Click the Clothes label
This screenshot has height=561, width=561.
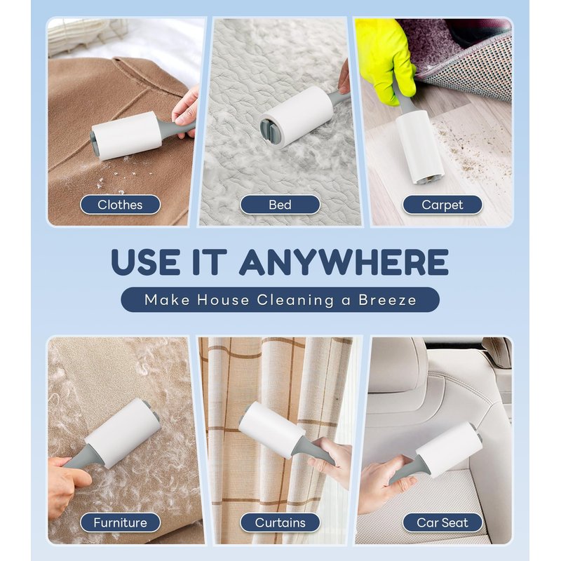[x=120, y=205]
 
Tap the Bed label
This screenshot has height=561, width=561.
[x=280, y=205]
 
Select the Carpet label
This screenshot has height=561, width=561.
[x=442, y=205]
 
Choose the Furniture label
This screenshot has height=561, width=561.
[x=120, y=522]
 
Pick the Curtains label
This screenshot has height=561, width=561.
[x=280, y=522]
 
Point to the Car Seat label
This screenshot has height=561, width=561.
[x=442, y=522]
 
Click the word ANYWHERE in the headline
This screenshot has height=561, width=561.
[x=344, y=262]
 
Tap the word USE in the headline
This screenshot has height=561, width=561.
[x=146, y=262]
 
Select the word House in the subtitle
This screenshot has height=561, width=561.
[x=223, y=300]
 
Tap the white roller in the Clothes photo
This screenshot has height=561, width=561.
[x=126, y=136]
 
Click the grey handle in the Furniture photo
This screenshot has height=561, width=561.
[x=78, y=459]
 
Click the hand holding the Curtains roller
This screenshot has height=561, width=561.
[x=331, y=461]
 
